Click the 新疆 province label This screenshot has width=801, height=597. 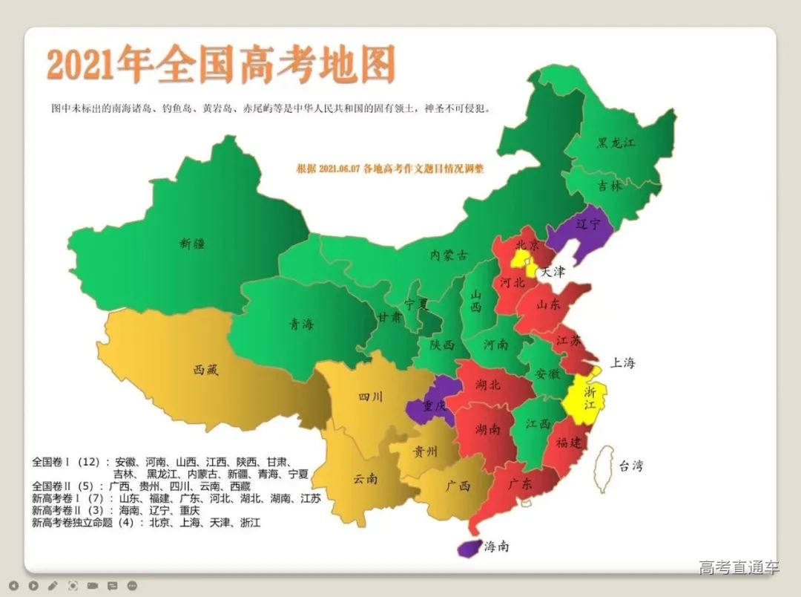point(191,242)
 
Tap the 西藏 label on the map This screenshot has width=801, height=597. point(207,368)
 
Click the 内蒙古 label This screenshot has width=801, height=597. point(449,255)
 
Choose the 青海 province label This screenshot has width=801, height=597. point(301,323)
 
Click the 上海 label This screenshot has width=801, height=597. point(622,363)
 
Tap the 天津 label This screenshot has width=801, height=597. point(553,272)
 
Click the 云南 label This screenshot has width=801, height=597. point(365,479)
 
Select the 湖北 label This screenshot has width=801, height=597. point(487,385)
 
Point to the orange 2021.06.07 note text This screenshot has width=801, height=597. point(389,169)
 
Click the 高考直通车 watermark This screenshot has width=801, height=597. point(739,568)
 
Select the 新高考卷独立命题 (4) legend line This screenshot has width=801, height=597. point(145,523)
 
